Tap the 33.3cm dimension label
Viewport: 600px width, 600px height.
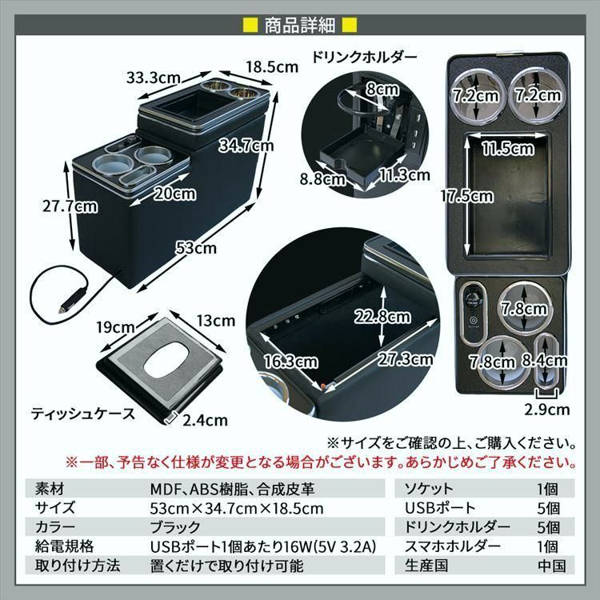(x=151, y=78)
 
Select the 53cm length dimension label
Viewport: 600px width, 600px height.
(x=197, y=248)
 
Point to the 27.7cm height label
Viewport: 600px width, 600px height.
(x=70, y=206)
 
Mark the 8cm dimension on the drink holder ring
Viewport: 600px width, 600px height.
(x=378, y=90)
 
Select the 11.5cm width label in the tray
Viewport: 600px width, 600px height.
(x=508, y=148)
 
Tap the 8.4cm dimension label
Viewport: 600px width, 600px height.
(x=546, y=360)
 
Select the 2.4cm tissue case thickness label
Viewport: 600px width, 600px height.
(x=205, y=421)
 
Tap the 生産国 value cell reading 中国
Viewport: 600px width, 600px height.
(x=550, y=566)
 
